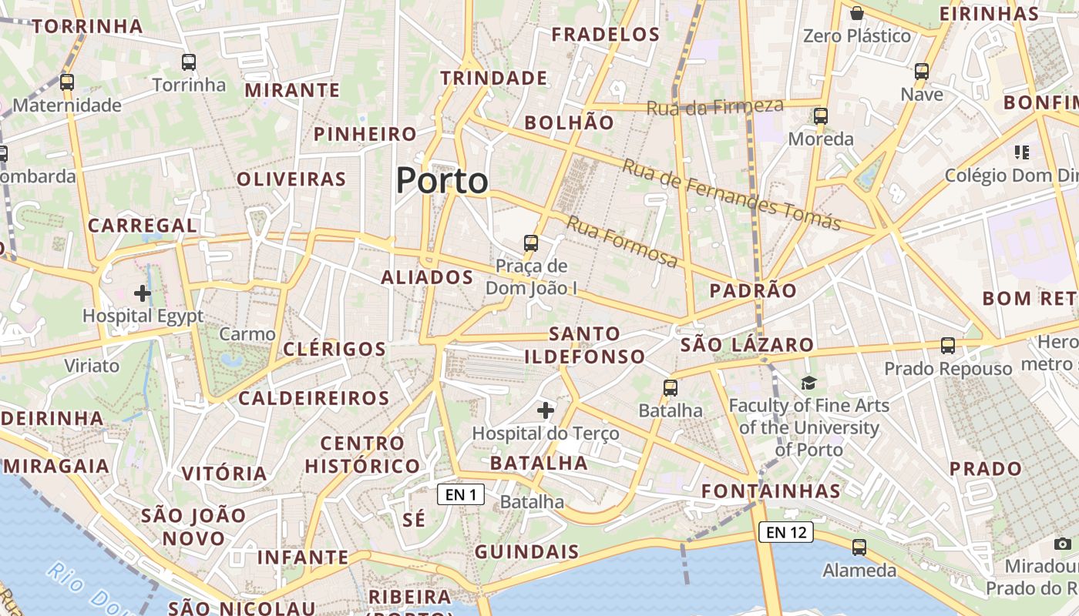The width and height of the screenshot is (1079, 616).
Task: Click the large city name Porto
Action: click(442, 181)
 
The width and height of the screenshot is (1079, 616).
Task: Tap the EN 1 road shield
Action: click(461, 494)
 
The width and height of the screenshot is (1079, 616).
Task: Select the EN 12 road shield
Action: click(786, 531)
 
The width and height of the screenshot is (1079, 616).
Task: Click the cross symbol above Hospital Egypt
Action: click(143, 293)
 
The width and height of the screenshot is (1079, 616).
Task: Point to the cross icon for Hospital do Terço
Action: click(546, 410)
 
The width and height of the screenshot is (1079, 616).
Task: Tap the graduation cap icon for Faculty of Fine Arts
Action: click(808, 383)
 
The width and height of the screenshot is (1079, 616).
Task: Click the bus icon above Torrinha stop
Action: click(189, 62)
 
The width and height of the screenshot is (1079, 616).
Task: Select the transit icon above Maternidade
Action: click(67, 82)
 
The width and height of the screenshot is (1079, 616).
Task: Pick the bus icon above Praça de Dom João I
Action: click(531, 243)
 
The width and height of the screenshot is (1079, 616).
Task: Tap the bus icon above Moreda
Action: click(821, 116)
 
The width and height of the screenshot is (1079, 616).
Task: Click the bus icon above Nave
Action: click(922, 72)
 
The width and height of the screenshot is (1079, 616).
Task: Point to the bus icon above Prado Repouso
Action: click(948, 346)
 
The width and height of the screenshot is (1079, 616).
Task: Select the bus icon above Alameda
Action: click(859, 547)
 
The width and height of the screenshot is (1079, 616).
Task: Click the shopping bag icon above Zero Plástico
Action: click(856, 13)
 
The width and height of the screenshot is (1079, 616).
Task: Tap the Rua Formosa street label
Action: click(623, 242)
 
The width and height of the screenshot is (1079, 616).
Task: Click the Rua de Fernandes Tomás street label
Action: click(731, 195)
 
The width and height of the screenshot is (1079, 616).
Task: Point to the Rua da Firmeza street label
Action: click(714, 107)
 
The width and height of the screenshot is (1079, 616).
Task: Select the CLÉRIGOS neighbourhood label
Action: click(334, 349)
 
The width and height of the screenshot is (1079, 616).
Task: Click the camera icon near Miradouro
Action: click(1064, 544)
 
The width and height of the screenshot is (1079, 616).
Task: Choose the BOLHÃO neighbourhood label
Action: click(570, 122)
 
